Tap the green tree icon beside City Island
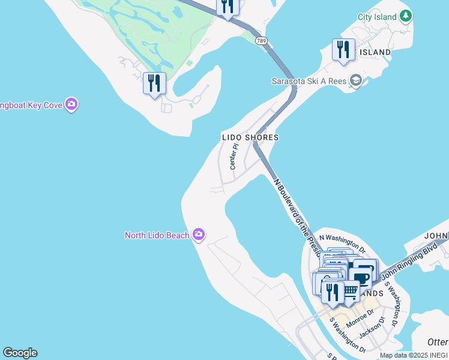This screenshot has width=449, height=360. tap(406, 15)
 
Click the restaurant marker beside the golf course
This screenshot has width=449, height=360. tap(154, 83)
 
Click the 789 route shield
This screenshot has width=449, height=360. tap(261, 41)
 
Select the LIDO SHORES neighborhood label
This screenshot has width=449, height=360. tap(250, 137)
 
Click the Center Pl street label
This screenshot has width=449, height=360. tap(235, 155)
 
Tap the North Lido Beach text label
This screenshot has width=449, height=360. tap(157, 235)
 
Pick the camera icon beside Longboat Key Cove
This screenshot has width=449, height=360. tap(72, 105)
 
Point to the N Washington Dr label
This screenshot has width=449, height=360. tap(342, 242)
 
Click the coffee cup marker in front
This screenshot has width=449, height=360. tap(362, 278)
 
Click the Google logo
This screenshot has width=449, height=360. tap(20, 353)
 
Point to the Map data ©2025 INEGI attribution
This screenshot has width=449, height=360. tap(413, 355)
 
